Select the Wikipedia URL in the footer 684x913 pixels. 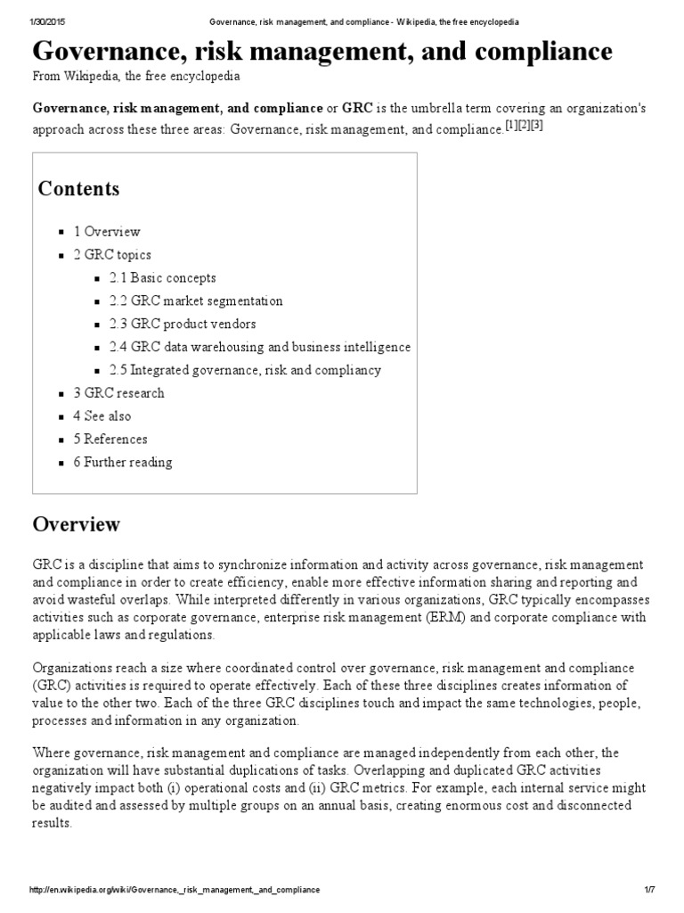[x=175, y=890]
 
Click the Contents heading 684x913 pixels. [x=78, y=189]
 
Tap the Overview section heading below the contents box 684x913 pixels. [x=76, y=523]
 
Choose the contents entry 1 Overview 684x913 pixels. [x=107, y=232]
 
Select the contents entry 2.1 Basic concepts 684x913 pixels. [x=162, y=278]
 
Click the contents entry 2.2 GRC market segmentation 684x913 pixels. [x=196, y=301]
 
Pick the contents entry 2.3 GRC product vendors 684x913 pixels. [x=183, y=325]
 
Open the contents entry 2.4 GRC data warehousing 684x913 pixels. [x=260, y=347]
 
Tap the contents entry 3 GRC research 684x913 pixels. [x=118, y=393]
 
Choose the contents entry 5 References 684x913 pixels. [x=110, y=440]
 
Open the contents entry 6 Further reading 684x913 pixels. [x=123, y=463]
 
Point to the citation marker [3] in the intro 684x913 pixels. [x=536, y=126]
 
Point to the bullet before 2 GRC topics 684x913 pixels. [x=61, y=256]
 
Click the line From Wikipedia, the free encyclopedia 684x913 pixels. [x=136, y=78]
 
